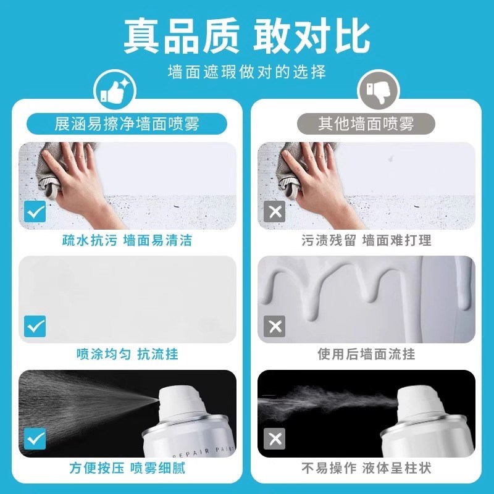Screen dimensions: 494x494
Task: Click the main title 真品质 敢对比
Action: (247, 36)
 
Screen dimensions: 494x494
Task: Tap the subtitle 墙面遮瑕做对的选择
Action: (247, 72)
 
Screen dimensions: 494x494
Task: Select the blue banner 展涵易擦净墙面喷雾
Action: (127, 124)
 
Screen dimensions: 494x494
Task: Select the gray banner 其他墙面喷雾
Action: (367, 124)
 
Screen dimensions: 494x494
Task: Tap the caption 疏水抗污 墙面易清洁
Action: (127, 240)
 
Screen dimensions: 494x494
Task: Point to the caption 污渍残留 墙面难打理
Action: (367, 240)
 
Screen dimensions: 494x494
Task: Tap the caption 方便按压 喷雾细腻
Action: (127, 467)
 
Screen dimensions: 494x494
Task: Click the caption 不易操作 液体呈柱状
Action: (367, 467)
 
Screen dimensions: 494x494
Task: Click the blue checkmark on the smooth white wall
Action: (35, 326)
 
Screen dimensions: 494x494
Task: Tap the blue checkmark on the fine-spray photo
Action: (35, 440)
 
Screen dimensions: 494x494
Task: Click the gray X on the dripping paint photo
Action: (274, 326)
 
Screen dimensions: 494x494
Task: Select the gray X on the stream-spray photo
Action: (274, 440)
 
